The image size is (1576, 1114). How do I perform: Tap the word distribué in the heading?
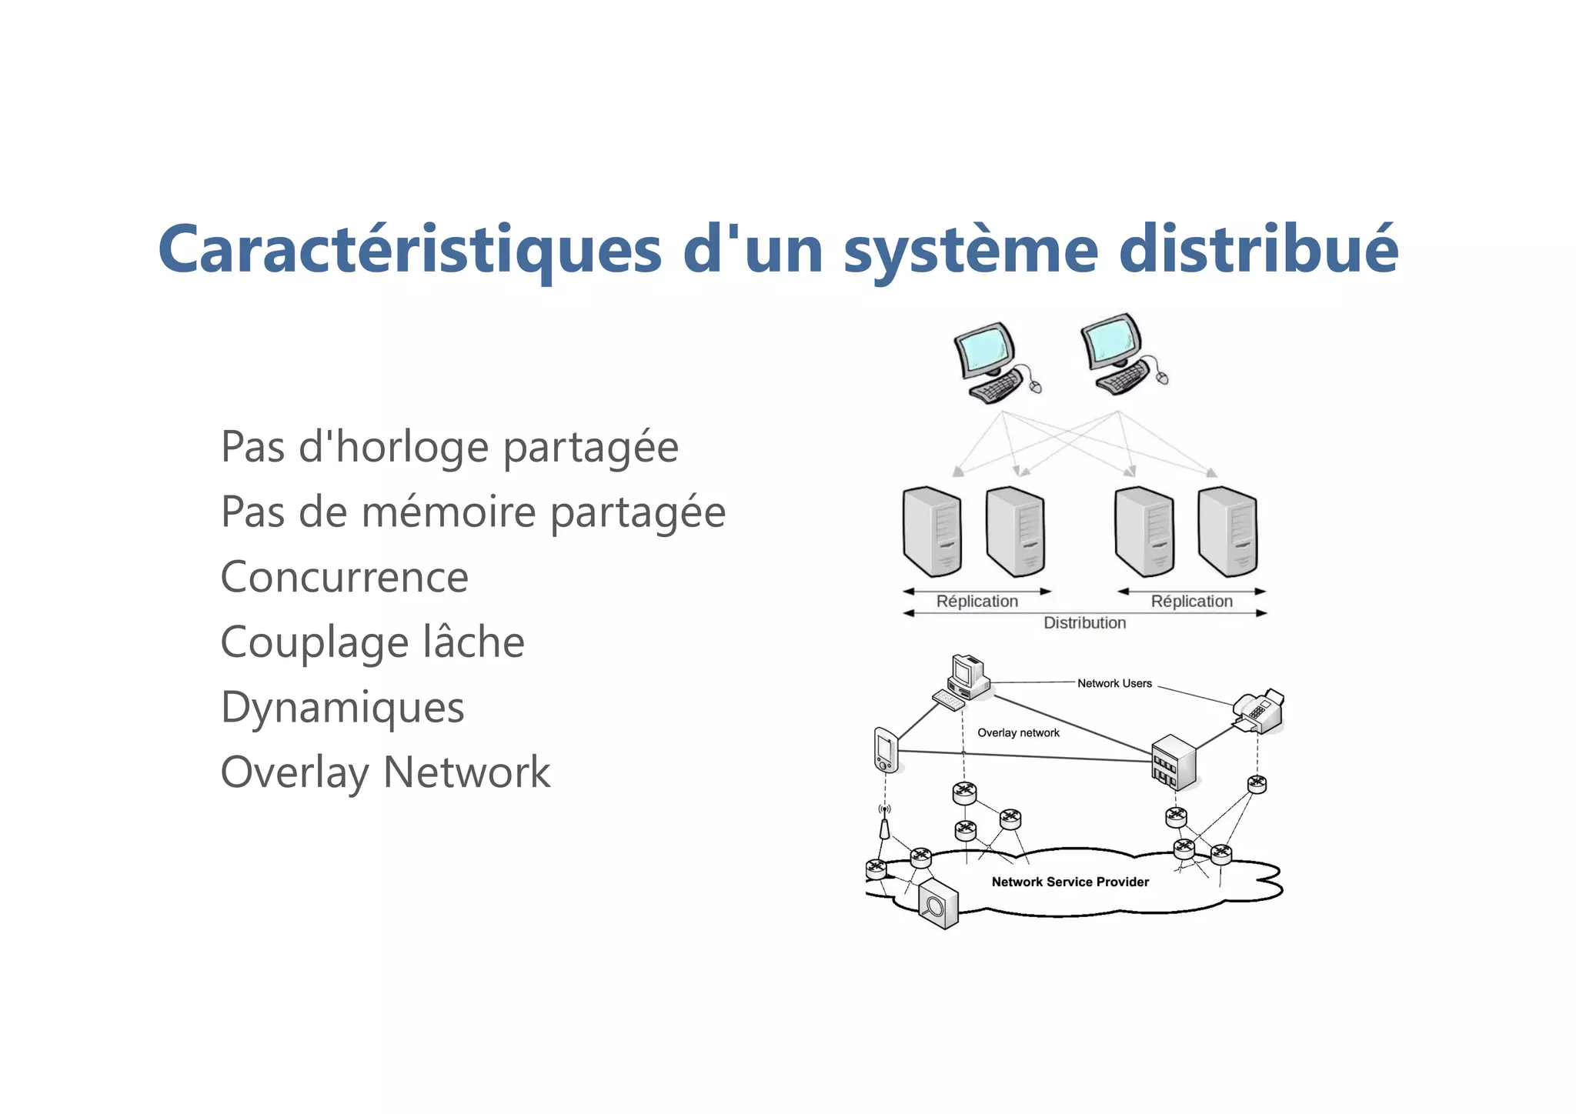(x=1257, y=250)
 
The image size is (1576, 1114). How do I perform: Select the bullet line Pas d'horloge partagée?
(x=449, y=447)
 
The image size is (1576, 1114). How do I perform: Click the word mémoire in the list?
(x=449, y=512)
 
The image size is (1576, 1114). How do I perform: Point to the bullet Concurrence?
(x=344, y=577)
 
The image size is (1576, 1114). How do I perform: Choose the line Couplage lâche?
(x=372, y=642)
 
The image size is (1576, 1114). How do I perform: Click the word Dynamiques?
(x=342, y=708)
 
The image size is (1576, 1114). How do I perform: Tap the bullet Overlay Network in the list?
(x=386, y=772)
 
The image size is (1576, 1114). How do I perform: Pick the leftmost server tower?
(x=932, y=532)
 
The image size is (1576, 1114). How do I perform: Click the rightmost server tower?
(x=1227, y=532)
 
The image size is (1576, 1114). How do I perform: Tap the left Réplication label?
(x=977, y=602)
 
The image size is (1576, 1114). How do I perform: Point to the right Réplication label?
(x=1191, y=602)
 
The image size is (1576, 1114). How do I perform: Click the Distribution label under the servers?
(x=1084, y=623)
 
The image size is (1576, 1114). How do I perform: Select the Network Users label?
(x=1114, y=683)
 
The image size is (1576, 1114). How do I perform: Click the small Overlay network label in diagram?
(x=1018, y=733)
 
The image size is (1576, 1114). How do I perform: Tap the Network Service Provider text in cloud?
(x=1070, y=882)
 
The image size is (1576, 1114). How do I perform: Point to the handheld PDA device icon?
(x=885, y=749)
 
